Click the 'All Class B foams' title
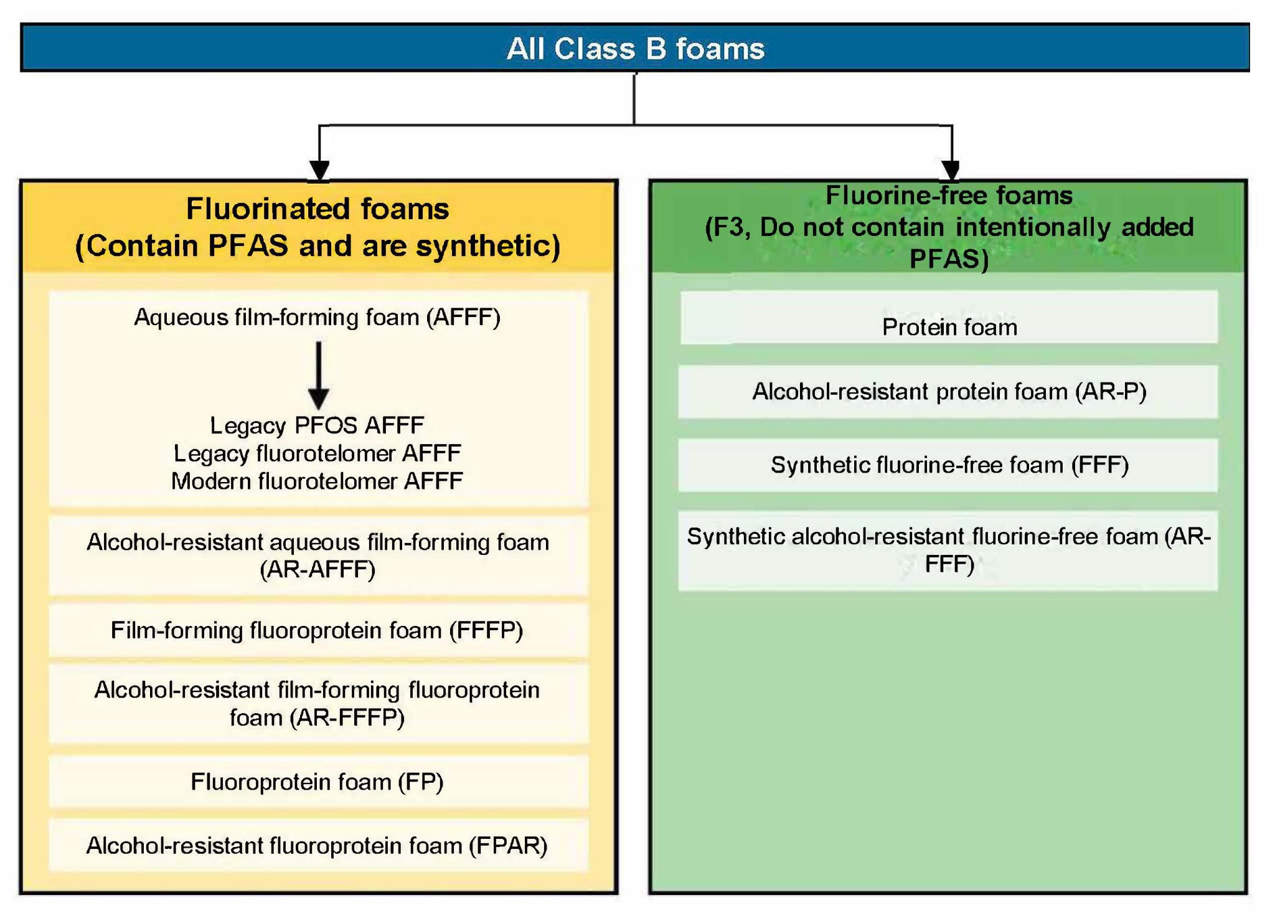point(635,49)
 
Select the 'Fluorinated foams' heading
point(318,209)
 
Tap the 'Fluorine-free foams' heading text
point(949,196)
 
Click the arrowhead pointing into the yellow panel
point(319,170)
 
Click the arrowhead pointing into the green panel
point(951,169)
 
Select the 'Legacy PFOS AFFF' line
point(318,425)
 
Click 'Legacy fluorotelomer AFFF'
point(318,453)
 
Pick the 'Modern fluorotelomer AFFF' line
point(318,481)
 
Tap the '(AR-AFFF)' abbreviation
point(318,569)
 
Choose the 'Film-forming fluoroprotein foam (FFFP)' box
point(318,630)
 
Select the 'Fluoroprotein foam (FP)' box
point(318,782)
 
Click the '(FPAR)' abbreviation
point(508,846)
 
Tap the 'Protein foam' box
point(949,326)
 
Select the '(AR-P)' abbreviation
point(1111,392)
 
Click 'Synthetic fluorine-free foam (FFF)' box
point(949,465)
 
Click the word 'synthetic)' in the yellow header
point(488,246)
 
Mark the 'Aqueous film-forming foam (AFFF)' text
point(318,318)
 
